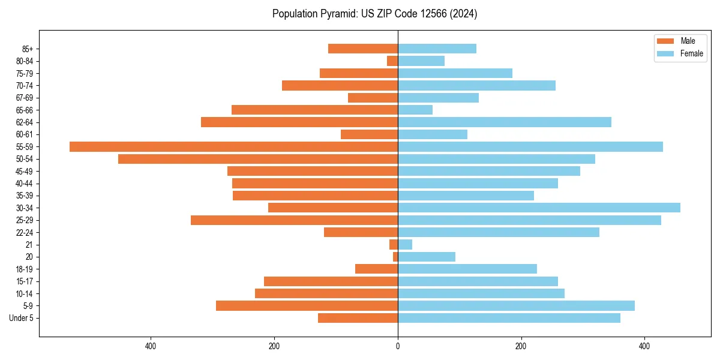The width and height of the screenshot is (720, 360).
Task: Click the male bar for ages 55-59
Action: [233, 146]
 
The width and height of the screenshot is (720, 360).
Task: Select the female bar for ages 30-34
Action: [539, 208]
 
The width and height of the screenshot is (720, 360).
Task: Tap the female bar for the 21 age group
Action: [405, 244]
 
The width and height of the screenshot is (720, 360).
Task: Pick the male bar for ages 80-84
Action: [392, 61]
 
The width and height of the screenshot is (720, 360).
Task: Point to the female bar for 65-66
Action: [415, 110]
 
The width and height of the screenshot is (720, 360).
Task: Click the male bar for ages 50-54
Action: [258, 159]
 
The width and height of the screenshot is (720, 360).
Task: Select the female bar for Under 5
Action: [509, 318]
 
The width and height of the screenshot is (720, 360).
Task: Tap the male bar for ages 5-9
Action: [307, 305]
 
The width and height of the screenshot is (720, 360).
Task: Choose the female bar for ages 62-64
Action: [505, 122]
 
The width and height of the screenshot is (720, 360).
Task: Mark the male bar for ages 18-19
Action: [376, 269]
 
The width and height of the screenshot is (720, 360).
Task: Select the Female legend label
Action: [691, 53]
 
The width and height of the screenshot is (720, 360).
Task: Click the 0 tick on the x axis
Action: [398, 346]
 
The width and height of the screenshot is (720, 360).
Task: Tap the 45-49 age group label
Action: [25, 171]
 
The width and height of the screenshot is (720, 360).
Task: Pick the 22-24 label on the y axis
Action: [25, 232]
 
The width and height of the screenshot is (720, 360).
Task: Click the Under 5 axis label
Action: [22, 318]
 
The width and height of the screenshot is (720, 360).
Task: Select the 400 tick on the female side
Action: [644, 346]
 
